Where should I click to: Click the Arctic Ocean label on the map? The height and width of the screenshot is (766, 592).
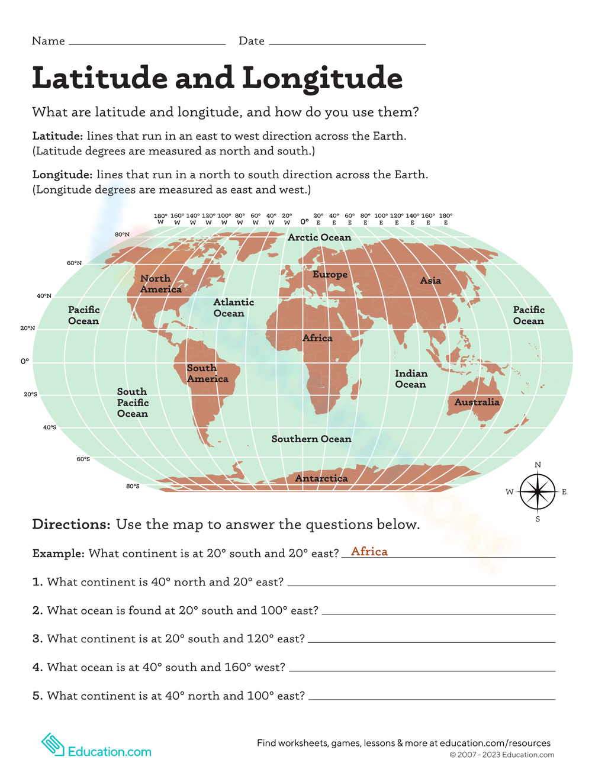click(x=319, y=237)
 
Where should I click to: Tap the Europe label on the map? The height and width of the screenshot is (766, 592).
click(x=330, y=275)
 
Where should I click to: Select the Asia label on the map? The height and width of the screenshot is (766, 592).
click(x=430, y=281)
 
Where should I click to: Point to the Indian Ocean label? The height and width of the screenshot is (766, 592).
click(x=410, y=379)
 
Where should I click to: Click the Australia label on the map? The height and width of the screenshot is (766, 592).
click(x=477, y=403)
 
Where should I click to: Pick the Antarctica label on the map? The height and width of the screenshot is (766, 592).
click(x=321, y=478)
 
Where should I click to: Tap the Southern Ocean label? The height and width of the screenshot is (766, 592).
click(x=311, y=439)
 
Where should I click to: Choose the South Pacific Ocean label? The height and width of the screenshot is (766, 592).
click(x=133, y=403)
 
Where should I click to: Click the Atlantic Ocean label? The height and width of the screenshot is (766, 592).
click(x=233, y=308)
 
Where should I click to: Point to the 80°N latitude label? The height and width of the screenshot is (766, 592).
click(x=122, y=235)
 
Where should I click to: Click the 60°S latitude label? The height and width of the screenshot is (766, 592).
click(x=83, y=459)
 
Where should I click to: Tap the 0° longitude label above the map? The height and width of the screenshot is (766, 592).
click(x=304, y=221)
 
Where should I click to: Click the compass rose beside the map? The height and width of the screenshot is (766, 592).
click(x=538, y=492)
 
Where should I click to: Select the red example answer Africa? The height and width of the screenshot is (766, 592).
click(x=369, y=552)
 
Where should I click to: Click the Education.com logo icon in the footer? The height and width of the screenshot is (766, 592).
click(x=53, y=745)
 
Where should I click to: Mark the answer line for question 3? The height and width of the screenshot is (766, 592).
click(x=432, y=642)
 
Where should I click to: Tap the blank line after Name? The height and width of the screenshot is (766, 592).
click(x=147, y=44)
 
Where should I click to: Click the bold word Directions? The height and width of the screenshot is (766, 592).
click(x=71, y=524)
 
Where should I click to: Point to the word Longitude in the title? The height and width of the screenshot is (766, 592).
click(x=323, y=79)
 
